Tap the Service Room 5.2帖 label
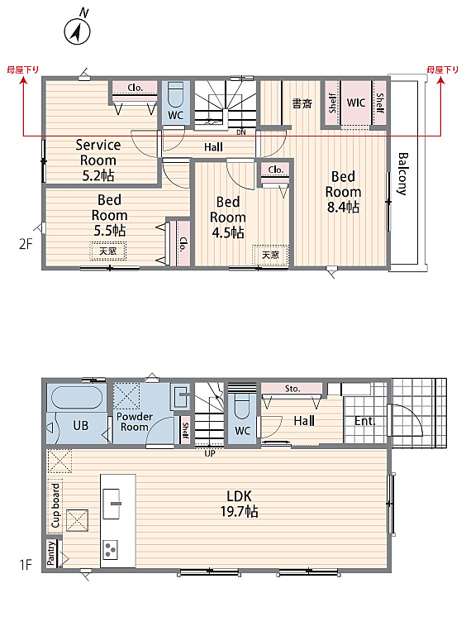click(98, 160)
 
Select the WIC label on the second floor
click(356, 103)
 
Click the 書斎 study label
click(302, 103)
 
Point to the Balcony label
click(402, 174)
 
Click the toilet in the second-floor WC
click(175, 95)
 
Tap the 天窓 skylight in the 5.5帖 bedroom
click(108, 251)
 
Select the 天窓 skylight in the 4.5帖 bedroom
click(270, 255)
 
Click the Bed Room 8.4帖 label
click(343, 191)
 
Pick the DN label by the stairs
click(241, 132)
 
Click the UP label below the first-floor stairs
click(210, 453)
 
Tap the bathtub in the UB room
click(77, 397)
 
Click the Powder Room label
click(135, 422)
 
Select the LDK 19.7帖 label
click(239, 504)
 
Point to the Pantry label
click(50, 552)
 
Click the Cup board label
click(55, 505)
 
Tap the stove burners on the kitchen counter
click(111, 550)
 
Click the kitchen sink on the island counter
click(112, 504)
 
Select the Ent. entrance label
click(364, 421)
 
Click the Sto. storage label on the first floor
click(292, 389)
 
